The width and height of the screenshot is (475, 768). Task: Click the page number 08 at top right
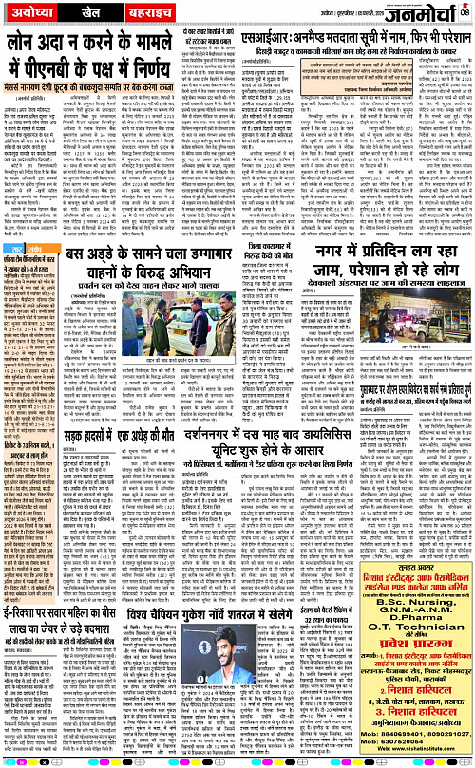click(465, 12)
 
